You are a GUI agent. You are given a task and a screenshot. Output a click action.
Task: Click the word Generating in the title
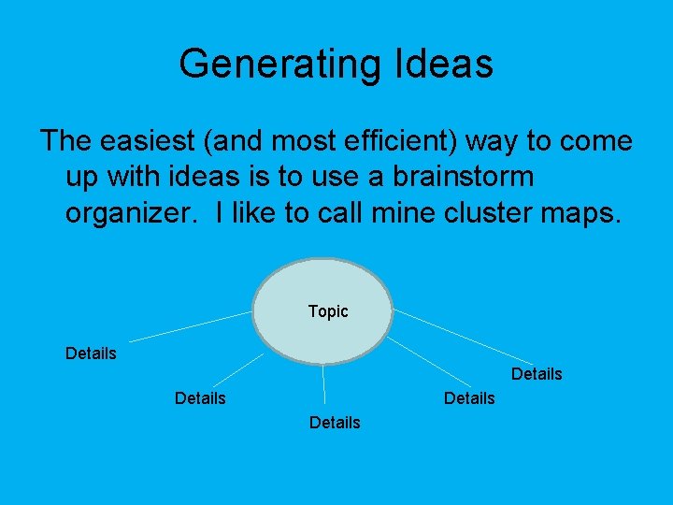tap(277, 64)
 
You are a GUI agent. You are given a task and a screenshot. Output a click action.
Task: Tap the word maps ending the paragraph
tap(583, 212)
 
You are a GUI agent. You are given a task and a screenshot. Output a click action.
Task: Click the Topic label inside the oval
tap(327, 311)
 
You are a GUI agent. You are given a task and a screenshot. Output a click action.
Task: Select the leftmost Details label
tap(91, 353)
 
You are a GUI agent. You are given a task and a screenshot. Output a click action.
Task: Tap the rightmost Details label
tap(537, 374)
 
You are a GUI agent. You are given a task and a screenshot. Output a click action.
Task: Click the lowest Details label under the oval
tap(334, 423)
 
